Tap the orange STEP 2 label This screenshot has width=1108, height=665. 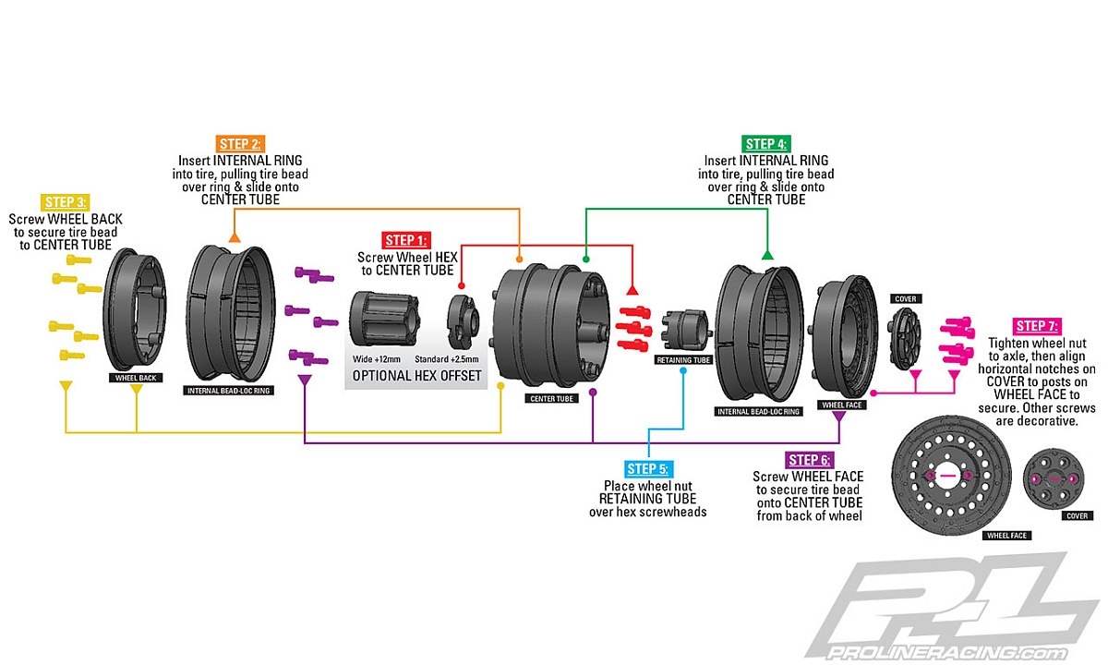[x=241, y=143]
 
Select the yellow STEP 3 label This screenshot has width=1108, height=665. [x=65, y=202]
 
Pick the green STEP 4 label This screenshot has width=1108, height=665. [x=765, y=143]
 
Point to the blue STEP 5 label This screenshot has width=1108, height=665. [x=648, y=468]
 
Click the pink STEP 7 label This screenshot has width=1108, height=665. [x=1037, y=325]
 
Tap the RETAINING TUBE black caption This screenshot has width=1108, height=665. [x=683, y=359]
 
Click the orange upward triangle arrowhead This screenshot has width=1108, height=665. [x=235, y=238]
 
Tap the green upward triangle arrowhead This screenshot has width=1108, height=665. [x=766, y=253]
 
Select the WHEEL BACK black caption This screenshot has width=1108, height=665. [x=135, y=378]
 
